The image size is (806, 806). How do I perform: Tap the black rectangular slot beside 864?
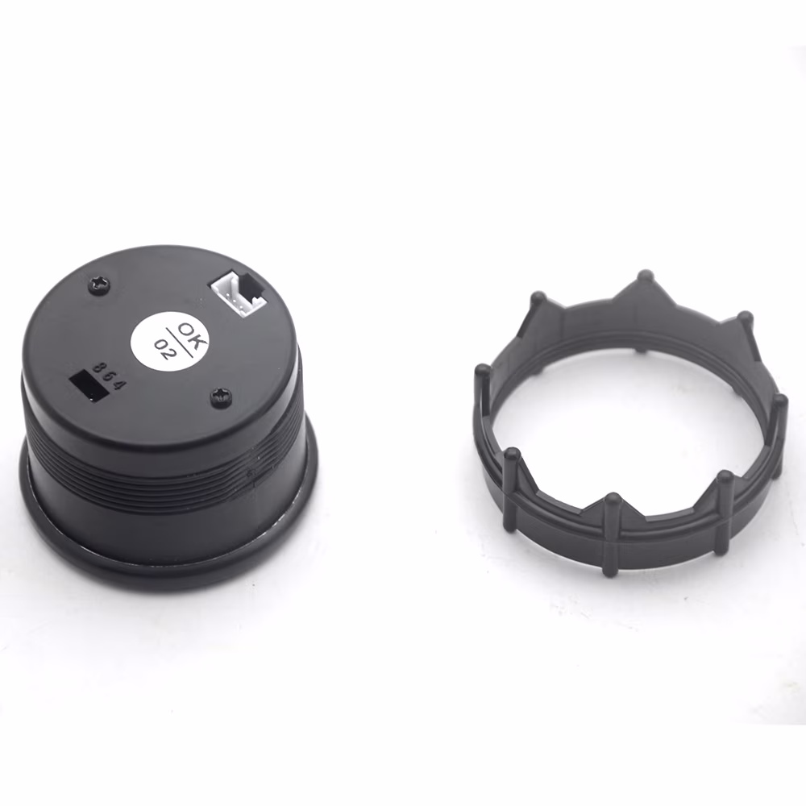[x=89, y=385]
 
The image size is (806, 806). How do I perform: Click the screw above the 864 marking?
[x=102, y=284]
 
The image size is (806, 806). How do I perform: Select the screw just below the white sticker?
[x=220, y=397]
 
